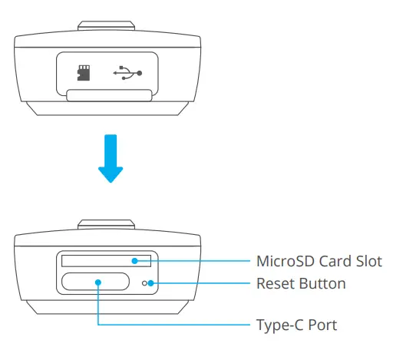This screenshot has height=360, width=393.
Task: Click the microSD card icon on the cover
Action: (x=84, y=73)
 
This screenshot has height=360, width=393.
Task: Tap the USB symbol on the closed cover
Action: (x=127, y=73)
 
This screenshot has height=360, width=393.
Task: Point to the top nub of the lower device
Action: (x=107, y=224)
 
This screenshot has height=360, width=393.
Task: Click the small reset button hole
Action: (x=144, y=284)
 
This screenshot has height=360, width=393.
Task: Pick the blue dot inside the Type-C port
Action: (x=98, y=283)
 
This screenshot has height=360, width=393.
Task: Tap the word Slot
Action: (x=368, y=262)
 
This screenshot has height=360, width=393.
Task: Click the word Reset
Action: (x=274, y=284)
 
